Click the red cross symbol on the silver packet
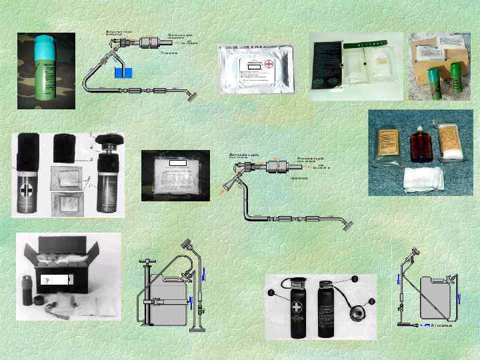269,65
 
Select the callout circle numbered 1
271,292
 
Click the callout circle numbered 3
372,301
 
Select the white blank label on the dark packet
177,162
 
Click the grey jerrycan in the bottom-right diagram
433,299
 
